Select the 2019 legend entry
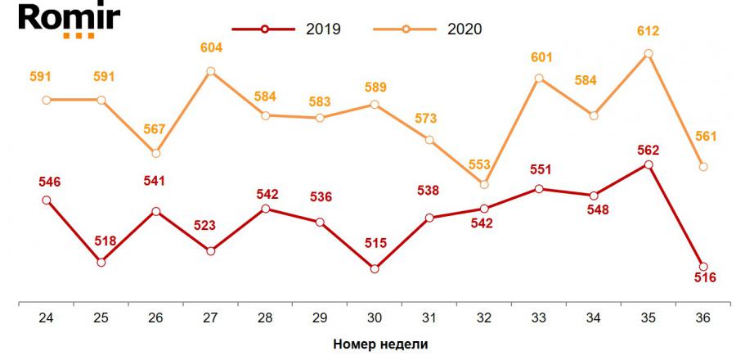click(286, 29)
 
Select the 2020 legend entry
click(428, 29)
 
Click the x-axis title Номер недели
click(380, 344)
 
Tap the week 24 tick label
click(47, 317)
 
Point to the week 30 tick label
click(375, 317)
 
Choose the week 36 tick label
click(702, 317)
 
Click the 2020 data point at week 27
click(210, 71)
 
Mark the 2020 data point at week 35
click(648, 54)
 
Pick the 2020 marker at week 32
click(484, 184)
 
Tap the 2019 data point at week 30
click(375, 268)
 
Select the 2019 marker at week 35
click(648, 164)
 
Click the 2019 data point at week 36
click(702, 266)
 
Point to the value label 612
click(648, 31)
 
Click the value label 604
click(210, 48)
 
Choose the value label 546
click(47, 181)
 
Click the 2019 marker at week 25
click(101, 262)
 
